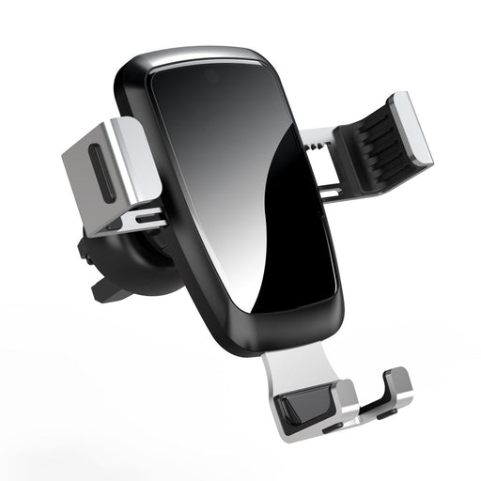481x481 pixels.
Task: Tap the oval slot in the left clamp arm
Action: click(104, 171)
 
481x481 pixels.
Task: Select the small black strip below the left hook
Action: click(334, 426)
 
